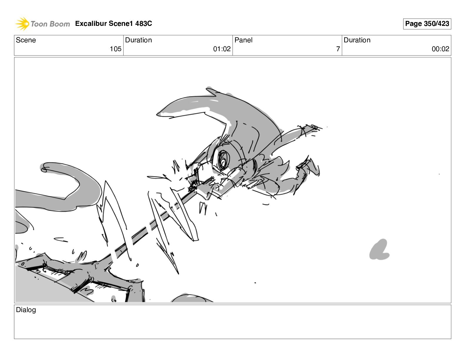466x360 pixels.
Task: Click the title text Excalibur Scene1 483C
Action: click(x=114, y=24)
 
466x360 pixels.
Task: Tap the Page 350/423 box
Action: click(x=427, y=24)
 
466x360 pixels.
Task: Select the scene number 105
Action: click(x=116, y=49)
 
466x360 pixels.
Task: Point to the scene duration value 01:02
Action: click(x=222, y=49)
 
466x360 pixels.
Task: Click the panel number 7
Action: click(x=338, y=49)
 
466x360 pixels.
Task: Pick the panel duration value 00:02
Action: click(x=440, y=49)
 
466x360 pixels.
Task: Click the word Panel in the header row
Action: click(x=243, y=40)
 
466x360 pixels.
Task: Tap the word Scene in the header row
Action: click(x=26, y=40)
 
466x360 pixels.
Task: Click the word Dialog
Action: click(x=26, y=310)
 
